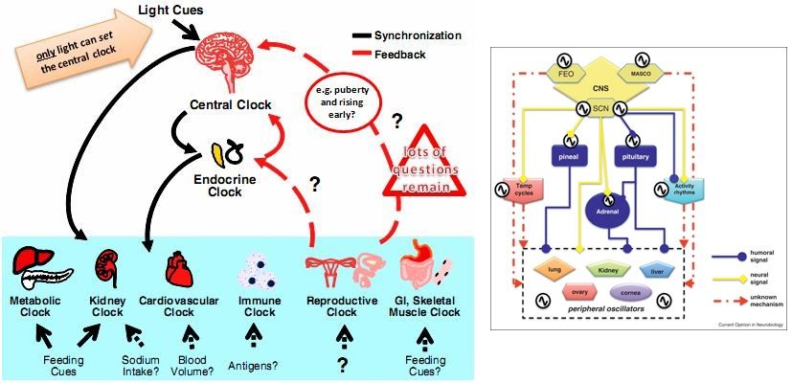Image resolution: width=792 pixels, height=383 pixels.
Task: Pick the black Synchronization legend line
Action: coord(367,35)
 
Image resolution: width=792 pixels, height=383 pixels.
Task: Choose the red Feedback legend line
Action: coord(367,55)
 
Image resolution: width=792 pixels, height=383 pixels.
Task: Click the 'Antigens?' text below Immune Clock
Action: coord(254,365)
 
